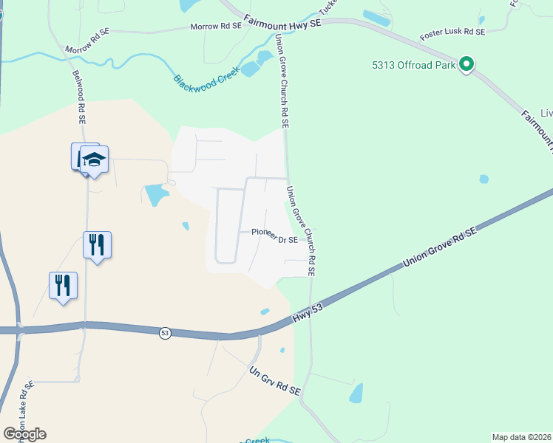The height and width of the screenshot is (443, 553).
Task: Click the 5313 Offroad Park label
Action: coord(413,65)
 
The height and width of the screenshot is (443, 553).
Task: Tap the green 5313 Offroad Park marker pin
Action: coord(467,64)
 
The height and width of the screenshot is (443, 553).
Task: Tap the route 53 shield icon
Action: coord(165,334)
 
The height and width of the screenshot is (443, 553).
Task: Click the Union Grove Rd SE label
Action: coord(440,248)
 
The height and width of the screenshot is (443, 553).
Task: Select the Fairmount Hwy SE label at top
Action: coord(282,24)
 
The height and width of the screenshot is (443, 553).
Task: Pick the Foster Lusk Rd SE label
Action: coord(452,33)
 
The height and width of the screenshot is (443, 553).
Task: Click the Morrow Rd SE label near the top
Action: coord(216,26)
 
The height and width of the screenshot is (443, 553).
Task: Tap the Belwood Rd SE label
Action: coord(79,96)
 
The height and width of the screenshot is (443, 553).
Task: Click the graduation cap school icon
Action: coord(95,159)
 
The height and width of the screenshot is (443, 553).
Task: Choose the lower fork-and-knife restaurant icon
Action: coord(63,284)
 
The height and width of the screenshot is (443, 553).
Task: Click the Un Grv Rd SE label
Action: coord(274,381)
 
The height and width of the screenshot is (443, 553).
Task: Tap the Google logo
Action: coord(24,433)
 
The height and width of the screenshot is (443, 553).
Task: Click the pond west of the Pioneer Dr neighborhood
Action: coord(157,195)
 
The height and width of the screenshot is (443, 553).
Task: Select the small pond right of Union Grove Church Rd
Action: coord(484,179)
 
